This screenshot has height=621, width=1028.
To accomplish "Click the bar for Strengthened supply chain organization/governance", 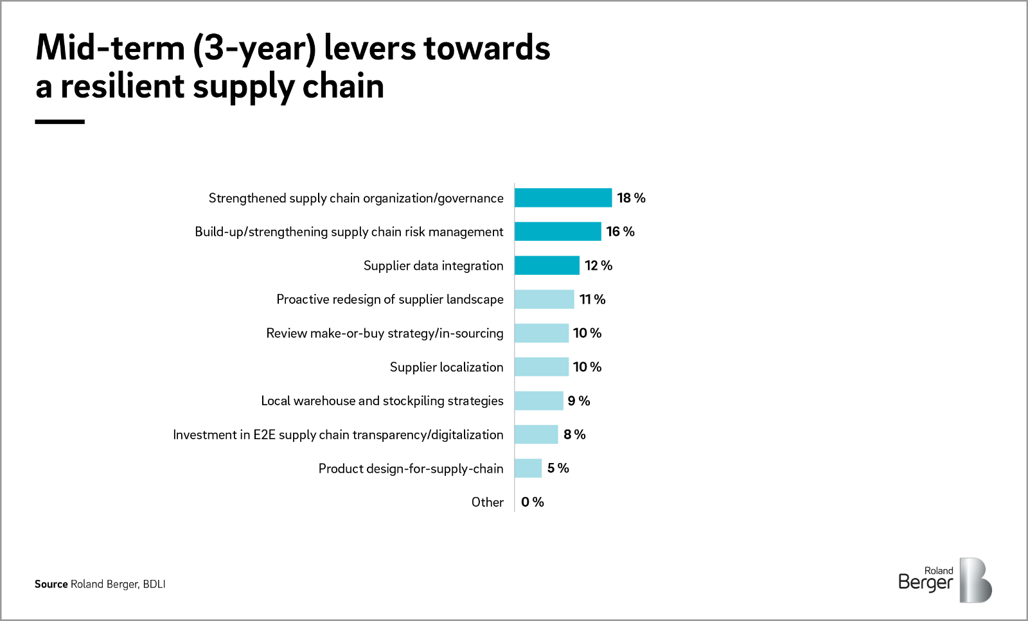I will [x=563, y=198].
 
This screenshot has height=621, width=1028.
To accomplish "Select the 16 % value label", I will [x=620, y=232].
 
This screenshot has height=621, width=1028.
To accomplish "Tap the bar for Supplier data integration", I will [x=547, y=265].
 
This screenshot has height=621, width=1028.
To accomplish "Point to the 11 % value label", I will [x=592, y=299].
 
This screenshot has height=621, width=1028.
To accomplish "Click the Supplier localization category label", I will [x=447, y=367].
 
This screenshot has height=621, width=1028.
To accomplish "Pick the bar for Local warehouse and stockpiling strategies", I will [x=538, y=401].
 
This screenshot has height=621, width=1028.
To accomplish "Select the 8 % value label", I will [x=574, y=435].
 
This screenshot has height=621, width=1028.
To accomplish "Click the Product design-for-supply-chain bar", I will [x=528, y=468].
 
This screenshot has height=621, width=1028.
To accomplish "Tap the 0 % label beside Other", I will [x=532, y=502].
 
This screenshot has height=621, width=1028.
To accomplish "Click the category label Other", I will [x=487, y=502].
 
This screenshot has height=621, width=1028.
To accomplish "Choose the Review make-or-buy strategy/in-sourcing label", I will [x=385, y=333].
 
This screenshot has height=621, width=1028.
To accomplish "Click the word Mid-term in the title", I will [x=110, y=48].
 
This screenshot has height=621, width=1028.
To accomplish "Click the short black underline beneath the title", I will [x=60, y=121].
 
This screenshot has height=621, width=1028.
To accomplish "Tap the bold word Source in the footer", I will [x=51, y=584].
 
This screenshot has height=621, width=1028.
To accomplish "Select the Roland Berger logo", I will [x=944, y=580].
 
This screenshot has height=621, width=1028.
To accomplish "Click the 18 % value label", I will [x=631, y=198].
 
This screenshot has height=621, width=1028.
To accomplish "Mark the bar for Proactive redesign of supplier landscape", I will [x=544, y=299].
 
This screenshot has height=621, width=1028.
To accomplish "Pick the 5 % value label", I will [x=558, y=468].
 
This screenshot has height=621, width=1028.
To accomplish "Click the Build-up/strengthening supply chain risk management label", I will [x=349, y=232].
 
